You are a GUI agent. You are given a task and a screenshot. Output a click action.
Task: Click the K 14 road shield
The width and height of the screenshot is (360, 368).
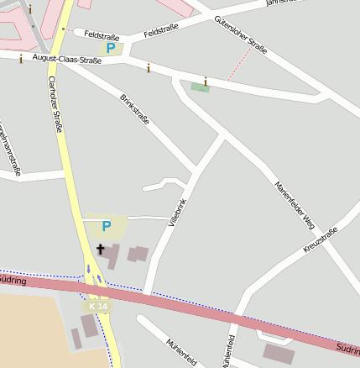point(98,308)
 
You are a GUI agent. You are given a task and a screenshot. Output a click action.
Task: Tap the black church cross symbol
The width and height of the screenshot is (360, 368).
point(101,250)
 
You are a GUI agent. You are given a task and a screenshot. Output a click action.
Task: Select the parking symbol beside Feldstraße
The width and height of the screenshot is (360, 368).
point(112,49)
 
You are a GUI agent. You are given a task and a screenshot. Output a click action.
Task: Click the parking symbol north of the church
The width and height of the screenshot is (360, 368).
point(106,226)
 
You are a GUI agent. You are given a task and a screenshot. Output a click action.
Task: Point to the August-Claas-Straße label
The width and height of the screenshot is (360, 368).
point(67,60)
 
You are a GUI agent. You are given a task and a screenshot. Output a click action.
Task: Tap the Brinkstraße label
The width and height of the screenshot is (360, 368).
point(134,109)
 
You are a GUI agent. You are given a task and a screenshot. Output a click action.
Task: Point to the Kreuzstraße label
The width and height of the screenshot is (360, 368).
point(320,240)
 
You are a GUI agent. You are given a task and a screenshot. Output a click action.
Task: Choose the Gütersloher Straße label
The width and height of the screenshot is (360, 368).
point(241,34)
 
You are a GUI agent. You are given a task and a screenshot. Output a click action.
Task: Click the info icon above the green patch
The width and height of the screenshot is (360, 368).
point(205,81)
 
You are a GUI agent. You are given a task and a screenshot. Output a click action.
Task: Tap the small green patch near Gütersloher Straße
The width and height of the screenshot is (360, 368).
point(200,87)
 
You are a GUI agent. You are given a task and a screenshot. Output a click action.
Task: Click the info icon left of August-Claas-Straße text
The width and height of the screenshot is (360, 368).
point(20,59)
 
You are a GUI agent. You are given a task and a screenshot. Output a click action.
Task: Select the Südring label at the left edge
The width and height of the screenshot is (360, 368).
point(13,281)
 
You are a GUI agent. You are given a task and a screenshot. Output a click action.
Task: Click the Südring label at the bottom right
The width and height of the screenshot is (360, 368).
point(348,346)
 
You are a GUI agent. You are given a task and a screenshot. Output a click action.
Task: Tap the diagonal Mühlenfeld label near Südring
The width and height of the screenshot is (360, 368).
point(182,352)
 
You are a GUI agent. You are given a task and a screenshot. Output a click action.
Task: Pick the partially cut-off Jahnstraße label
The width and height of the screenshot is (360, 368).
point(282,3)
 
